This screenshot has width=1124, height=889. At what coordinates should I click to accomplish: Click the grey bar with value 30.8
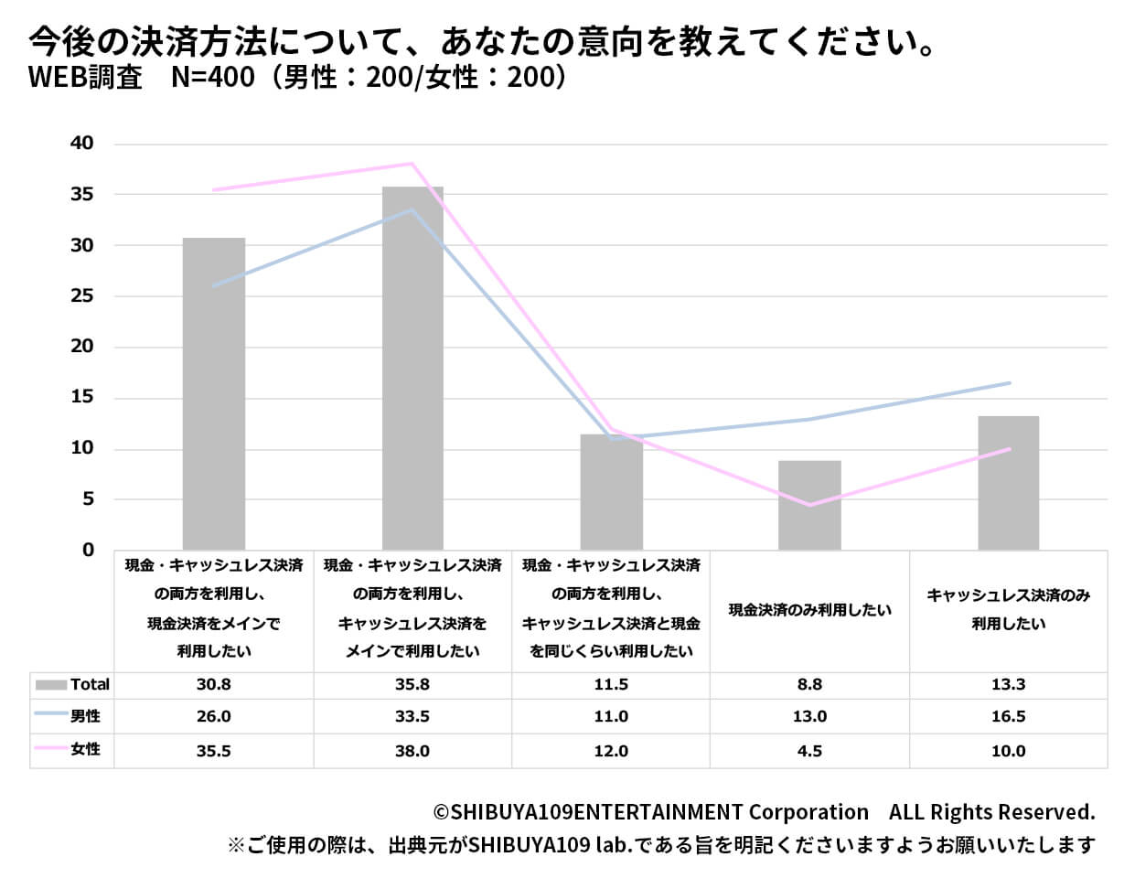tap(214, 393)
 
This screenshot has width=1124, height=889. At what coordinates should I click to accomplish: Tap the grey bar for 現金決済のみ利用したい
tap(809, 505)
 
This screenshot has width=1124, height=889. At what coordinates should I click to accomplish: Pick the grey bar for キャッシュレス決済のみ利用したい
tap(1008, 482)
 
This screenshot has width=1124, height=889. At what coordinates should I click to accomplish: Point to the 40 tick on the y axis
tap(81, 144)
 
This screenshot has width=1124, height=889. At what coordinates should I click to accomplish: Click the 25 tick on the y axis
tap(81, 296)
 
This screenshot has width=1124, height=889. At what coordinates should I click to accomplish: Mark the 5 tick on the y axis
tap(88, 499)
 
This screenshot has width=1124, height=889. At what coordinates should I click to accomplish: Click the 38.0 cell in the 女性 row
tap(412, 752)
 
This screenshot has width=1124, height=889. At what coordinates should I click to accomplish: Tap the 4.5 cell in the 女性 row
tap(809, 752)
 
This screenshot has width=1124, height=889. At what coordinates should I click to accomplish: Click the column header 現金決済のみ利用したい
tap(809, 610)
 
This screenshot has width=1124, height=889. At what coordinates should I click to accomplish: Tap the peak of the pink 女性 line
tap(412, 164)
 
